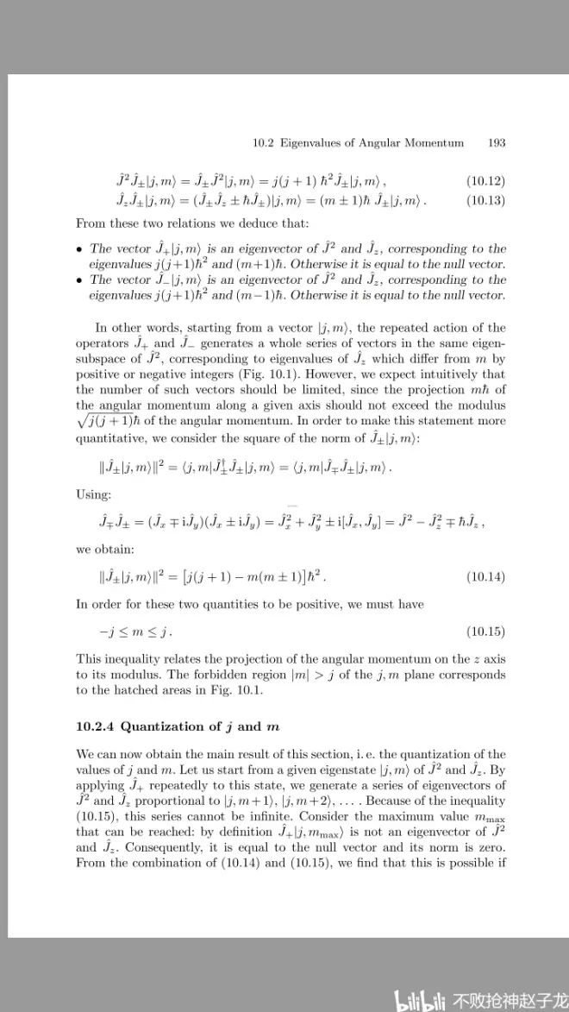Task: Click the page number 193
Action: coord(496,143)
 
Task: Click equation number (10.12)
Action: coord(485,181)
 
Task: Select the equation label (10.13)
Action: coord(485,200)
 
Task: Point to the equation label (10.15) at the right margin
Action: coord(485,634)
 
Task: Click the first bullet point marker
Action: coord(79,249)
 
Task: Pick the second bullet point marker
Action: coord(79,280)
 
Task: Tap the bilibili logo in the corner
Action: coord(420,999)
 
